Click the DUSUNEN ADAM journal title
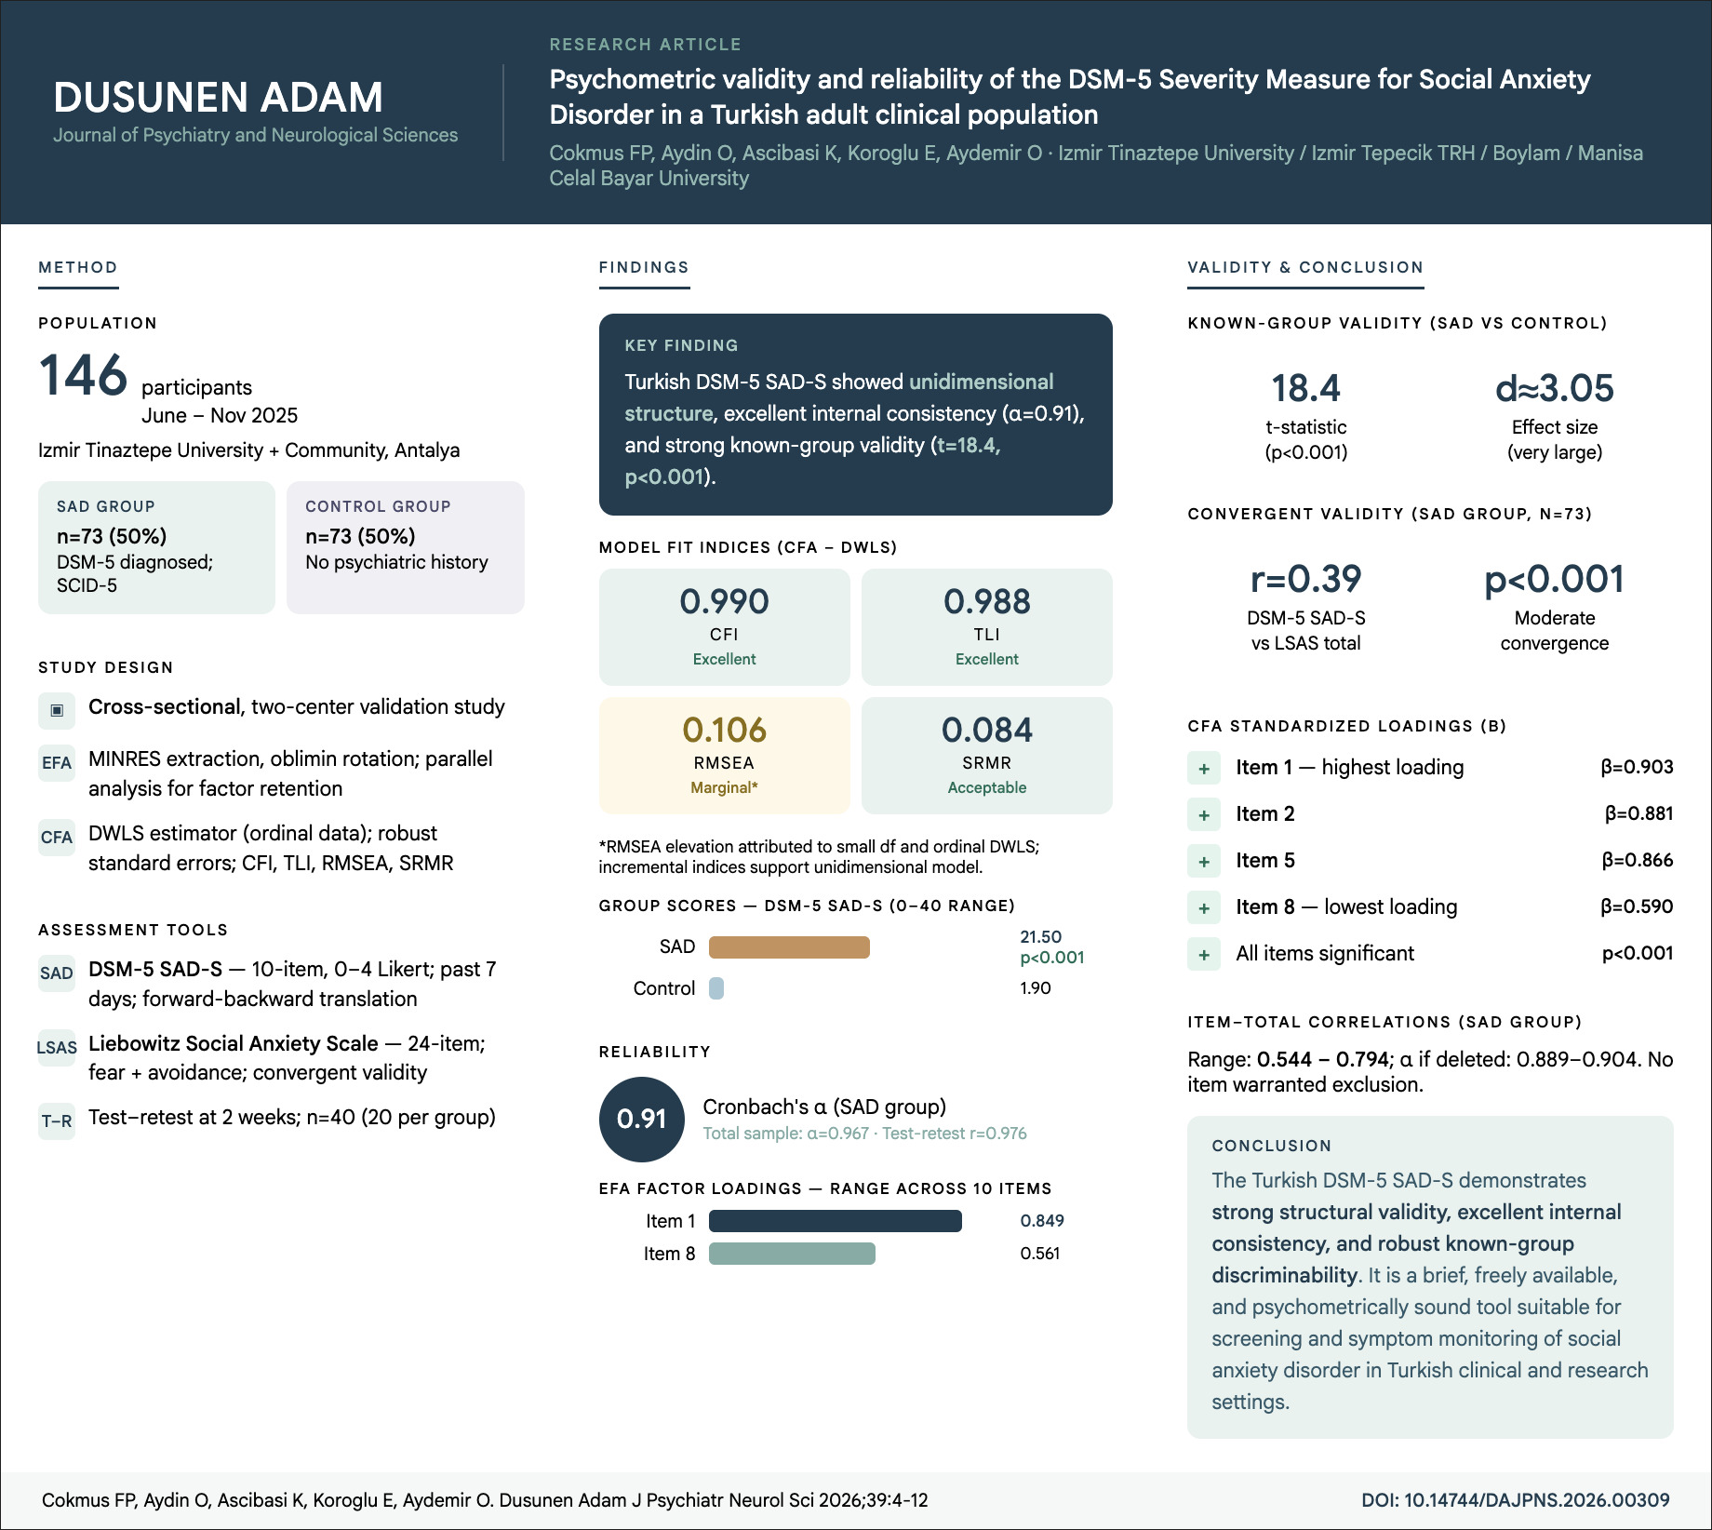point(218,98)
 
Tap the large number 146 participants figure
point(83,376)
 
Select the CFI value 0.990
point(724,602)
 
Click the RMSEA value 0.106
point(724,731)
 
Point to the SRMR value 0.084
point(986,731)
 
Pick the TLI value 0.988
point(986,602)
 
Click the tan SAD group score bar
point(789,947)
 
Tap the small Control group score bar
point(716,988)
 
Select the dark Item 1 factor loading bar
point(835,1221)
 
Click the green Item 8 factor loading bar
point(792,1254)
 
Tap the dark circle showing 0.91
point(642,1119)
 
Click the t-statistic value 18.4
point(1305,389)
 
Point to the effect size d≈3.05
point(1554,389)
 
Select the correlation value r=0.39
point(1305,580)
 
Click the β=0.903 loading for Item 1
point(1637,768)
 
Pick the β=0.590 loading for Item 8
point(1637,907)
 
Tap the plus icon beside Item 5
point(1204,862)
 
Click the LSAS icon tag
point(57,1048)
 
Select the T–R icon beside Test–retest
point(57,1121)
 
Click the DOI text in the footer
point(1515,1500)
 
